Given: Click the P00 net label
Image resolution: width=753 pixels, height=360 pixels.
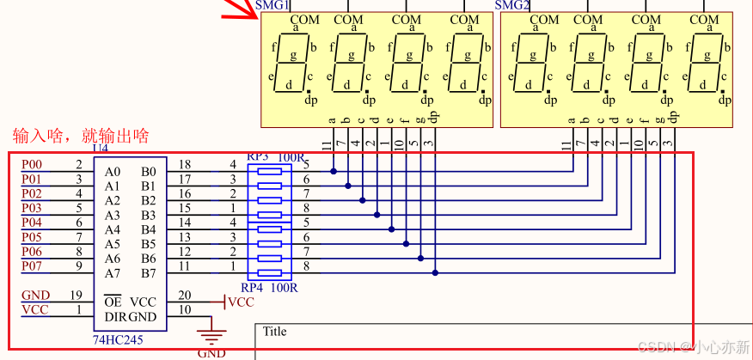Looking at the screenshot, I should pos(32,164).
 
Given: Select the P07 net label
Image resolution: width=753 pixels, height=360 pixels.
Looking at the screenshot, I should pos(32,266).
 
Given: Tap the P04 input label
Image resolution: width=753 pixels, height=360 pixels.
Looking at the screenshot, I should pos(32,223).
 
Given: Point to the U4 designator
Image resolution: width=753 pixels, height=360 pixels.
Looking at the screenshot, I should pos(100,149).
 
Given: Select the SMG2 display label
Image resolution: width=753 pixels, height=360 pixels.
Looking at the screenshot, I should pos(511,5).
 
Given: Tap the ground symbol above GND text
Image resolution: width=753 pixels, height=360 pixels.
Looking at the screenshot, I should pos(211,335).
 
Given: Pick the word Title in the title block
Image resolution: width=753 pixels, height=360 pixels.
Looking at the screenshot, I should pos(275,332).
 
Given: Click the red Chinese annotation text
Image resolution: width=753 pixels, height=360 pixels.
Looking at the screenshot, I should pos(81,136).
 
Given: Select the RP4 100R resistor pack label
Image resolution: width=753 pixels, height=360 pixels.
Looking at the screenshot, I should pos(268,287).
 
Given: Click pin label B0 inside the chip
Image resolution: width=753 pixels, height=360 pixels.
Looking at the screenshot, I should pos(149,171).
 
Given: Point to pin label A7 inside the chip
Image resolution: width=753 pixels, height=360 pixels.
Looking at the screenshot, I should pos(113,273).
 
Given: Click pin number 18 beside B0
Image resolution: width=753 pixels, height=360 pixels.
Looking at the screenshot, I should pos(185,164).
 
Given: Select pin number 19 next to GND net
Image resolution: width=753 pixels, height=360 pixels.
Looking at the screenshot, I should pos(77,296).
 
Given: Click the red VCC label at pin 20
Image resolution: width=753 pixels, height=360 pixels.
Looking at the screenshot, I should pos(242,302).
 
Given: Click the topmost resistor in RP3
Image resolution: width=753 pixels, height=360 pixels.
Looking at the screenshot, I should pos(270,171).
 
